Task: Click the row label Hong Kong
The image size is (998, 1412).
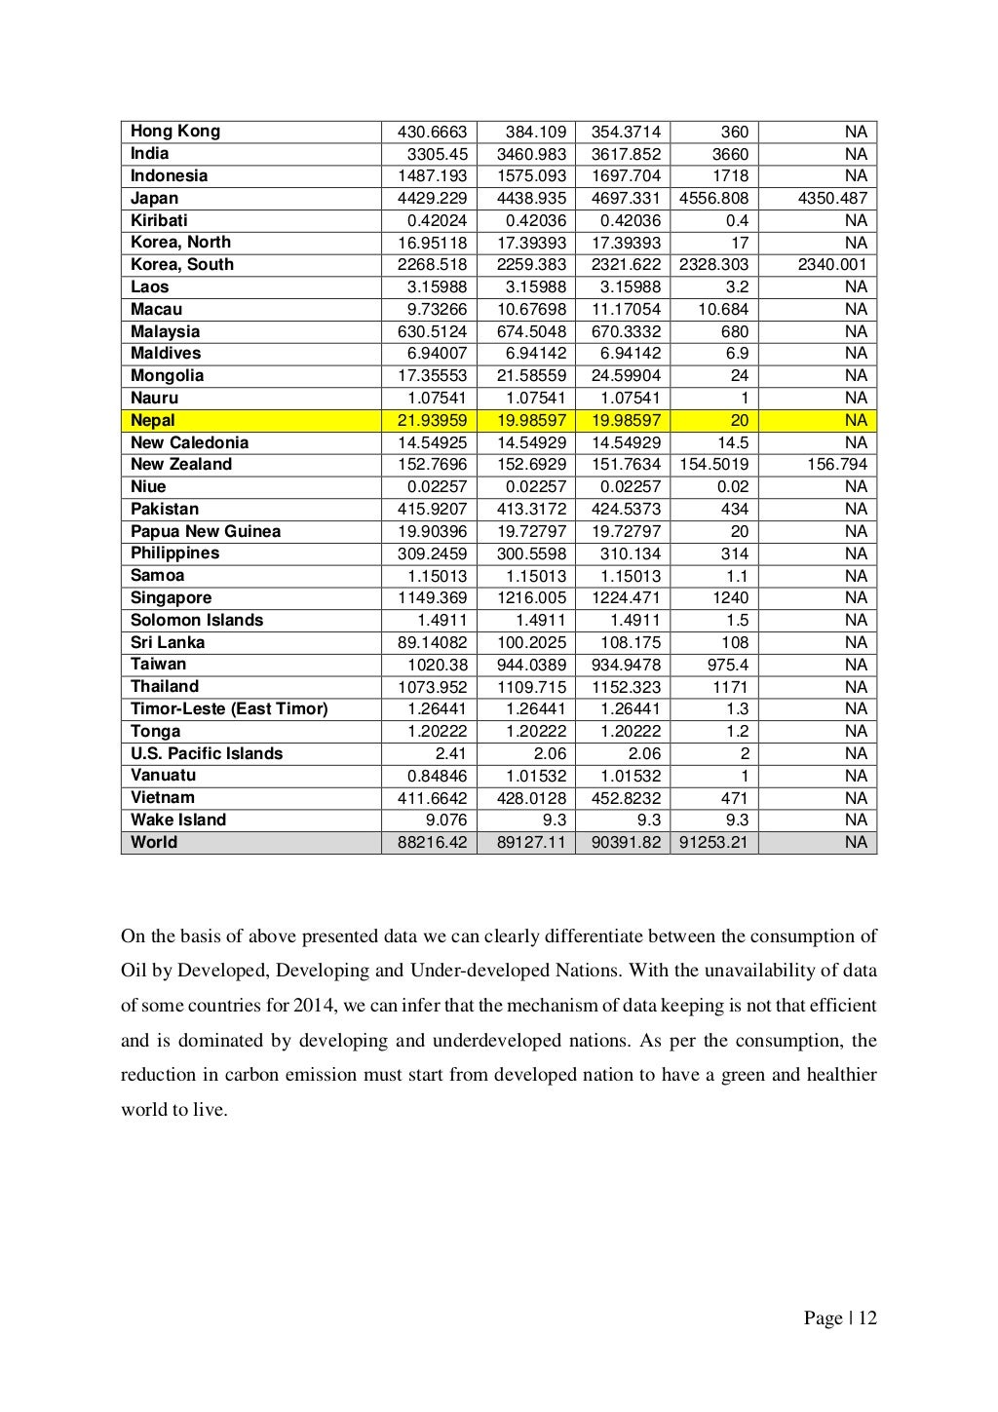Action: [175, 132]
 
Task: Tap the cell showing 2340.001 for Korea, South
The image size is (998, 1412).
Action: [831, 265]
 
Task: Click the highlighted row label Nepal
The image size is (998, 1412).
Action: [153, 421]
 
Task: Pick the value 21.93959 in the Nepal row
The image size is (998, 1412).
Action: [432, 421]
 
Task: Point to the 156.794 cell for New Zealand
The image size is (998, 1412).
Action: [836, 465]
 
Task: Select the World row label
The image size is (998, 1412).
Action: [154, 843]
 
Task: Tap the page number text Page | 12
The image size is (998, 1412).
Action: [840, 1318]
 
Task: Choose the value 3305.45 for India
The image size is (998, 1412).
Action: [437, 154]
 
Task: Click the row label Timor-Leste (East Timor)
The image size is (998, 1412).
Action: [229, 709]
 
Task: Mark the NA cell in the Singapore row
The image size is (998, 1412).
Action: [856, 598]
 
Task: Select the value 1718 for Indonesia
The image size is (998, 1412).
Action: [730, 176]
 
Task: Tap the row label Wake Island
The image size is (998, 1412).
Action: [178, 820]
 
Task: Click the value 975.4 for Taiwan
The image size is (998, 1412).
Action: [727, 665]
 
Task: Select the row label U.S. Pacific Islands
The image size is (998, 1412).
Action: [207, 754]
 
